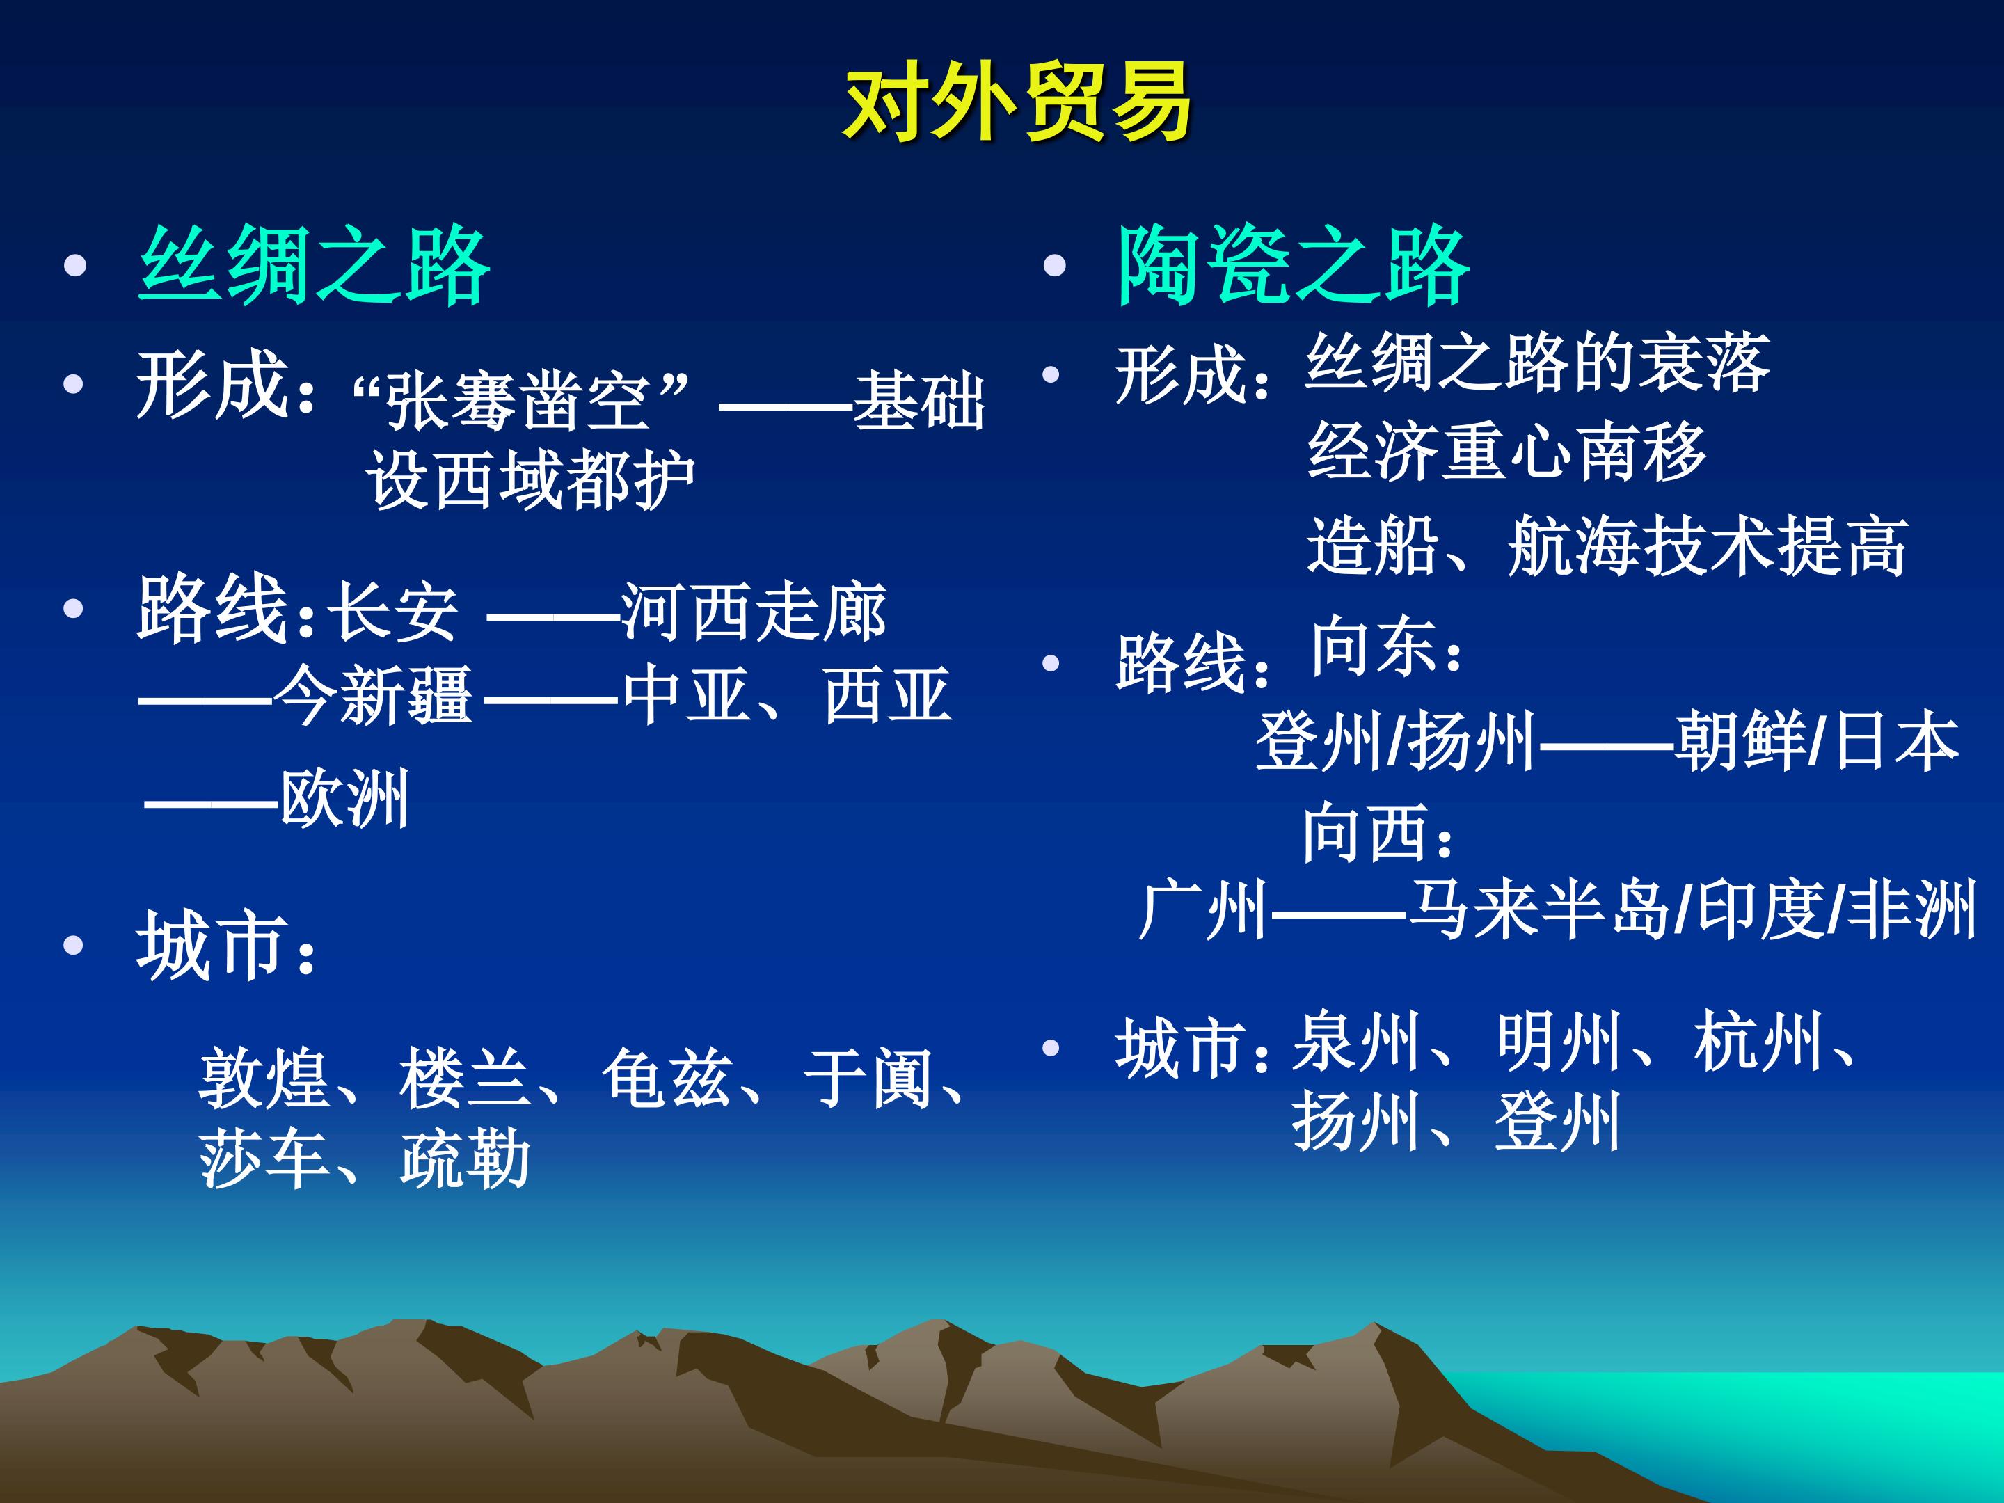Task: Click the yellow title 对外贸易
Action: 1017,103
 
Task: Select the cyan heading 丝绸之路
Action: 315,264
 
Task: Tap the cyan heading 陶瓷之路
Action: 1293,264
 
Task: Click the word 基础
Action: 918,400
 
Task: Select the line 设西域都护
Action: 531,479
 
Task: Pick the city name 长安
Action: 392,612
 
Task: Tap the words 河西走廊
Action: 754,612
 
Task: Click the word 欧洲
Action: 344,798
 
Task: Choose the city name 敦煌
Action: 264,1078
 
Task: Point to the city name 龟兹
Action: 668,1078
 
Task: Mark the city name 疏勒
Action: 466,1158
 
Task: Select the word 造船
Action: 1373,546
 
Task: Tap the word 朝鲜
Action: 1740,740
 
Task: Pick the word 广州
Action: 1203,909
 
